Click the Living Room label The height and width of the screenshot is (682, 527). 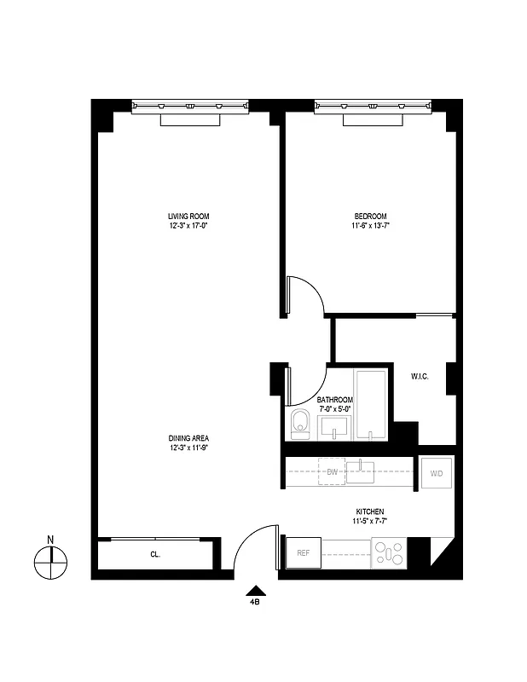click(188, 216)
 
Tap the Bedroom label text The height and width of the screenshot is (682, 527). click(370, 216)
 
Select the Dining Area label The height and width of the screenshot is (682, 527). click(188, 438)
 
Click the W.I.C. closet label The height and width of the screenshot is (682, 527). click(420, 375)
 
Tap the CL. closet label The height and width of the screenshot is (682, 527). click(156, 554)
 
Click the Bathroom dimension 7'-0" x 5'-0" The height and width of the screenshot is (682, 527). click(335, 409)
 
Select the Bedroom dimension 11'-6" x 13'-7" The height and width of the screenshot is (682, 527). click(370, 226)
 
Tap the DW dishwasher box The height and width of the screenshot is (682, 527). click(332, 471)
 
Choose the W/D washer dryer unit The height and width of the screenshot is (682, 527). click(436, 473)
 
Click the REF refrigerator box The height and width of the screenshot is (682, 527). click(303, 553)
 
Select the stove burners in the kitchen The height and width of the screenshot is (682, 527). click(390, 554)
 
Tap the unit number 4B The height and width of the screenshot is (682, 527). click(254, 602)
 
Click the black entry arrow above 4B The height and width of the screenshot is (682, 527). click(254, 589)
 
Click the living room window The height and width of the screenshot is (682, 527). click(189, 106)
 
